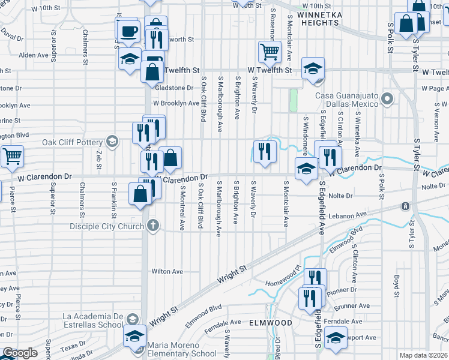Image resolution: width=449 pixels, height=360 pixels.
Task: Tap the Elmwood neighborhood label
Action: click(271, 322)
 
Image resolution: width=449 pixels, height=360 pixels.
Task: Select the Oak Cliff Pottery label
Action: click(73, 143)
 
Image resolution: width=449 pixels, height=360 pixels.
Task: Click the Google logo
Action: click(20, 353)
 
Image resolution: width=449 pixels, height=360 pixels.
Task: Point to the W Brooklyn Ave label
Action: click(175, 103)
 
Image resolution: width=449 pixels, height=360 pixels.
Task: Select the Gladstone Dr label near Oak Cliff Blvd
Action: click(174, 88)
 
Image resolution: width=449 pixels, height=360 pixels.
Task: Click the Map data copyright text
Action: click(424, 355)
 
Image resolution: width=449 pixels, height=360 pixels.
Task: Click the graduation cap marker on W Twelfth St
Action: click(313, 68)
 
